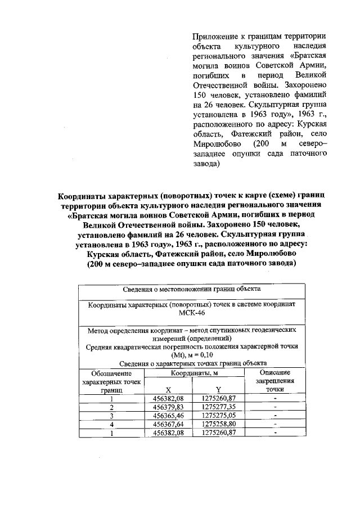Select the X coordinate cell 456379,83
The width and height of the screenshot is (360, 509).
point(168,407)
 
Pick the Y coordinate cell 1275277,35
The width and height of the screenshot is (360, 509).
point(219,407)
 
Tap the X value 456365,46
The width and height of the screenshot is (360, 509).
point(168,416)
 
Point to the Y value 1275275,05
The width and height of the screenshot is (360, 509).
point(219,416)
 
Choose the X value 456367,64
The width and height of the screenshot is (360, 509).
point(168,424)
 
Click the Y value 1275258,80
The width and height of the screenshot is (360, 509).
point(219,424)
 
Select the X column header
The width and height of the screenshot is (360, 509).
point(168,389)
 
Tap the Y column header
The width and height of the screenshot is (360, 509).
point(219,389)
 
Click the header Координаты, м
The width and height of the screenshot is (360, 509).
point(195,372)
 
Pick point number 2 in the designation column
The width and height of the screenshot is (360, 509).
point(112,407)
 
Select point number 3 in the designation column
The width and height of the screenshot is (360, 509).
point(112,416)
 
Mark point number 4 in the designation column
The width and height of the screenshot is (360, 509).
point(112,424)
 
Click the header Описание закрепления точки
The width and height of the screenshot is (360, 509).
point(275,381)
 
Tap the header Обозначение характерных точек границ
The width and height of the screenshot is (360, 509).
point(111,381)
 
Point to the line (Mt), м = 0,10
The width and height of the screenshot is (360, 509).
point(192,355)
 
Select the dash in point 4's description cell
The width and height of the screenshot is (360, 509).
point(275,424)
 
